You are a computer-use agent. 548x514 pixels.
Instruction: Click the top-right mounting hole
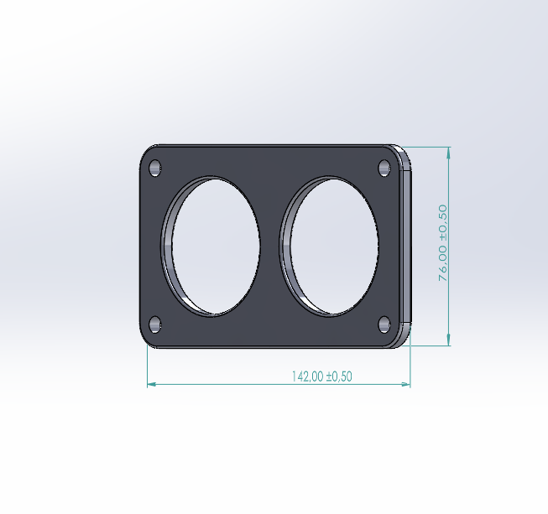(384, 169)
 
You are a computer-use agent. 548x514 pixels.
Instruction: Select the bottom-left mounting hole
(155, 324)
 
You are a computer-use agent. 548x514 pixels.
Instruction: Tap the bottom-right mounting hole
(384, 324)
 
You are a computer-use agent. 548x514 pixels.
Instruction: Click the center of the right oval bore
(332, 247)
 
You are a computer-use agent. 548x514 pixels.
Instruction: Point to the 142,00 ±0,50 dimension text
(321, 376)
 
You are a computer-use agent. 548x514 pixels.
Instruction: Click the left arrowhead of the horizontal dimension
(150, 385)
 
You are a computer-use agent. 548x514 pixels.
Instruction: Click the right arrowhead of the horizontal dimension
(407, 385)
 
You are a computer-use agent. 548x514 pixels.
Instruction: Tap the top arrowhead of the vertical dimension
(449, 152)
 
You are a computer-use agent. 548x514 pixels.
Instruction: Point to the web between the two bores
(270, 247)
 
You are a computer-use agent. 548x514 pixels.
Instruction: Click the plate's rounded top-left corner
(145, 152)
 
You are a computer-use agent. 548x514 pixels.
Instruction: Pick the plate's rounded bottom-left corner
(145, 342)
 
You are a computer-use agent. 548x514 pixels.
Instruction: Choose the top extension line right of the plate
(428, 147)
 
